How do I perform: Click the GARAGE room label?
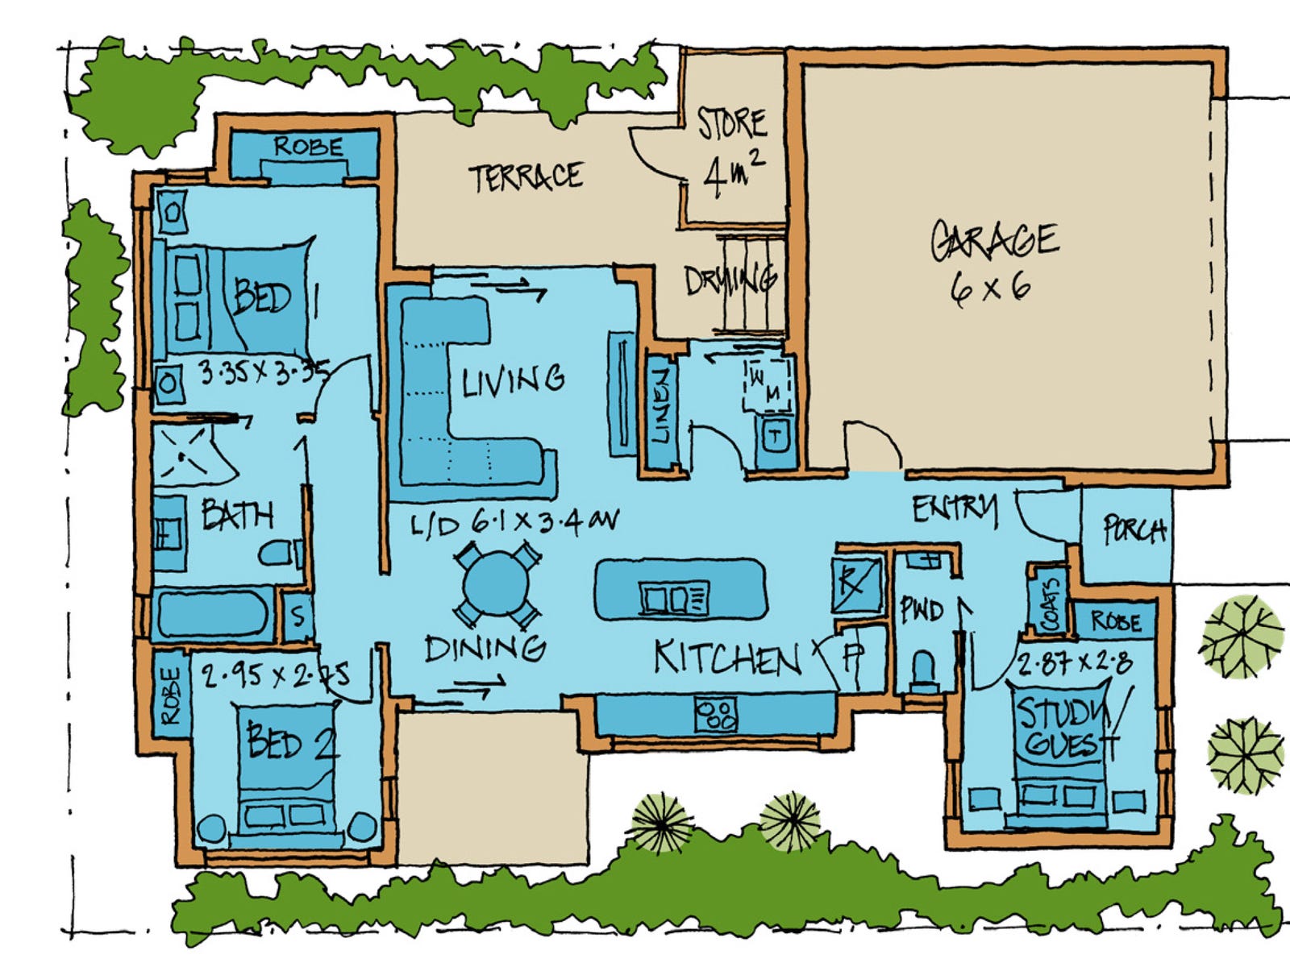994,239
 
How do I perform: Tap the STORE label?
731,123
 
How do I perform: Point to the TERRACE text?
526,176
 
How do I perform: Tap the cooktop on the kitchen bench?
716,714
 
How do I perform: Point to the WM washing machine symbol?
766,385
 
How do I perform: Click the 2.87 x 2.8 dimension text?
1074,664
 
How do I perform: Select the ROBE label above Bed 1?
308,147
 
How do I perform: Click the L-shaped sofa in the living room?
451,403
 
